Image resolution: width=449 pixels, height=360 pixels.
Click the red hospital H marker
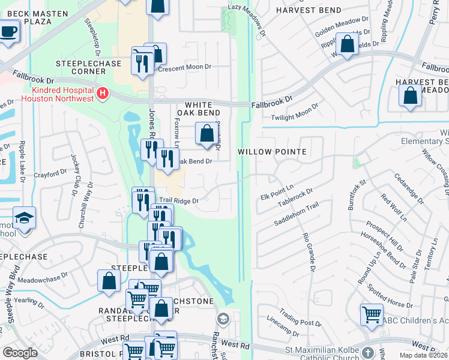click(x=103, y=93)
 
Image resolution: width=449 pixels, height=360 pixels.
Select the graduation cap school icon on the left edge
click(x=24, y=218)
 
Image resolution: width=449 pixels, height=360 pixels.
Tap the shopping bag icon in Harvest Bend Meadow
click(x=410, y=96)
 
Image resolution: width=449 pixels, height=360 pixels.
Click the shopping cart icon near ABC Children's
click(x=372, y=313)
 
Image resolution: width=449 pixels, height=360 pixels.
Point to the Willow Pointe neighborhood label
click(x=272, y=152)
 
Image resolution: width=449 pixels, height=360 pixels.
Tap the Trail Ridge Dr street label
click(x=178, y=201)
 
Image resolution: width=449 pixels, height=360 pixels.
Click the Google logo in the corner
click(x=20, y=352)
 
